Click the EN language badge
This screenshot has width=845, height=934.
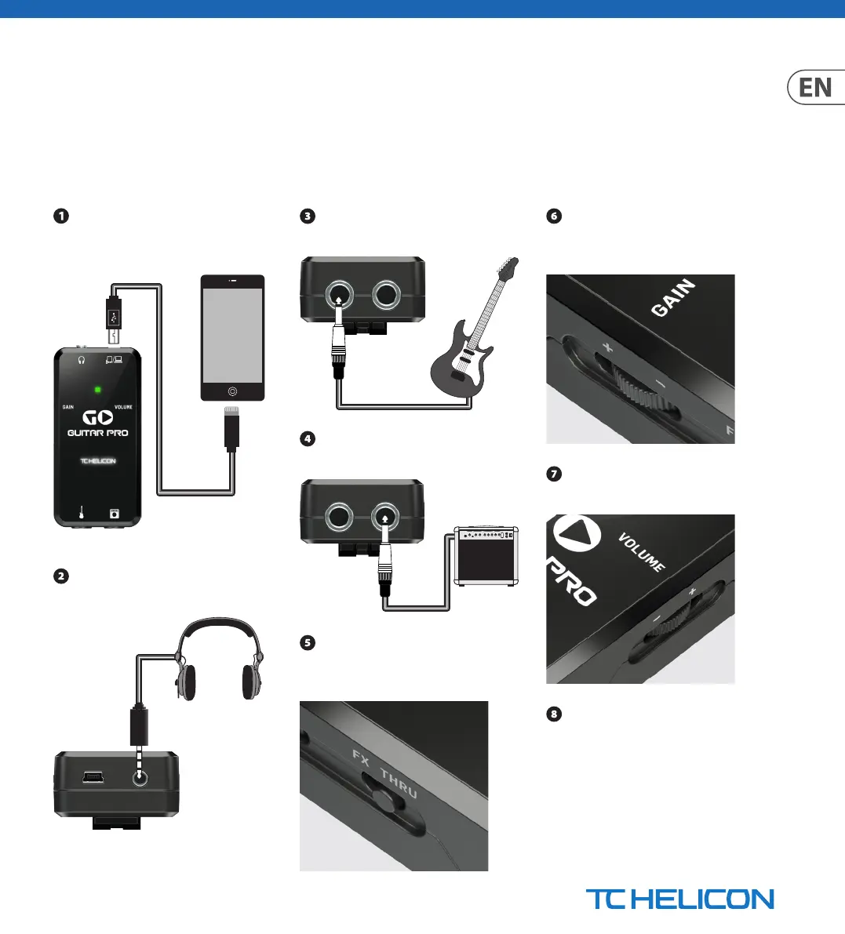pos(816,88)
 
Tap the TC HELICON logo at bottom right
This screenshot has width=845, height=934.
pos(679,899)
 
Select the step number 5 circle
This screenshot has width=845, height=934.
pos(308,643)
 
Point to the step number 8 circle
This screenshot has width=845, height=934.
pos(554,714)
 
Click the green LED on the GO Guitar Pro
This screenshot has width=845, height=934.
pos(97,389)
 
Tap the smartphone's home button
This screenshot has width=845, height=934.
pos(232,391)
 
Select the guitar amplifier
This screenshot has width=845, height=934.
pos(486,557)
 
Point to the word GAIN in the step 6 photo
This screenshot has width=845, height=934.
pos(673,299)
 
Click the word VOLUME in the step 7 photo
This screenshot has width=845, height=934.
pos(642,552)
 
